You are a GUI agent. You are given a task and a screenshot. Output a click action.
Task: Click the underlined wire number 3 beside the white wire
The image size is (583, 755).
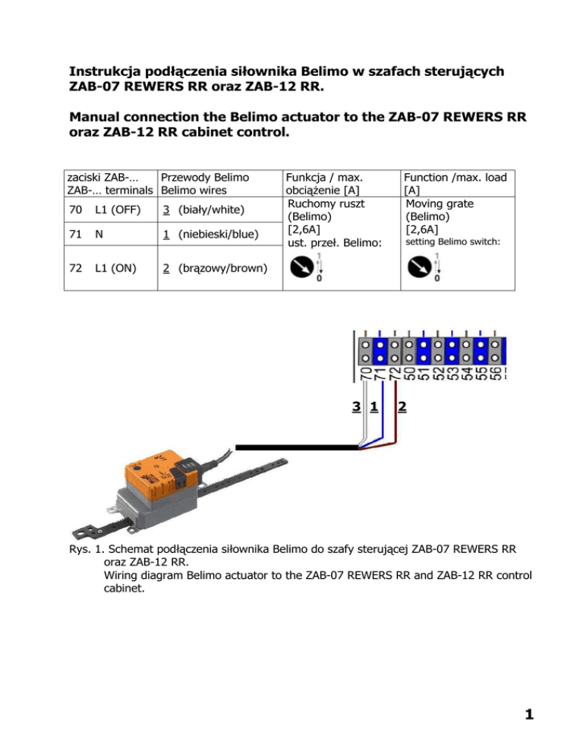pyautogui.click(x=356, y=408)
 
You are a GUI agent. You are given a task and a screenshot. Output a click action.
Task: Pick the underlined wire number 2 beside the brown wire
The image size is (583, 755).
pyautogui.click(x=402, y=408)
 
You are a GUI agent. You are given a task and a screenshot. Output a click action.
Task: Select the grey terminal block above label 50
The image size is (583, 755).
pyautogui.click(x=409, y=349)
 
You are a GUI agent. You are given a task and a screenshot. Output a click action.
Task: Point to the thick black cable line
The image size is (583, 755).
pyautogui.click(x=296, y=447)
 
